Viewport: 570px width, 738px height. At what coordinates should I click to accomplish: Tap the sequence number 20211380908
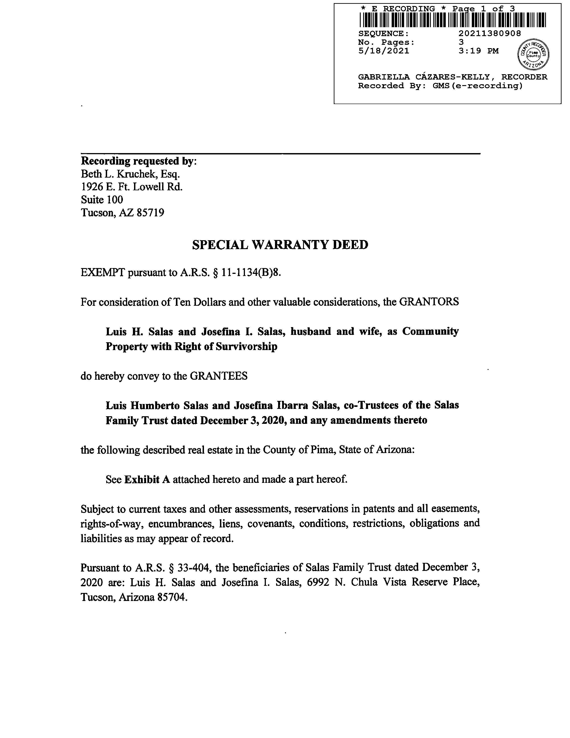490,33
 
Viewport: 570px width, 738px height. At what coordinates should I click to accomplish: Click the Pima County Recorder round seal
533,54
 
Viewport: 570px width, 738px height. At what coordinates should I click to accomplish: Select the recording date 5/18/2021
384,51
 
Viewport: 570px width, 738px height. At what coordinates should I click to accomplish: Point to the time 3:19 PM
478,51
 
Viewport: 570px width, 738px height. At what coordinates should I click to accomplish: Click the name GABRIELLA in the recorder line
384,77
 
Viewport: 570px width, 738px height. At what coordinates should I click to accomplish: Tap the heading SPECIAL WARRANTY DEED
280,245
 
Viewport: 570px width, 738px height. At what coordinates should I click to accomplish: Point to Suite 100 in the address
102,200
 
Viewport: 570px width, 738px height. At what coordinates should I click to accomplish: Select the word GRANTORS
429,302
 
